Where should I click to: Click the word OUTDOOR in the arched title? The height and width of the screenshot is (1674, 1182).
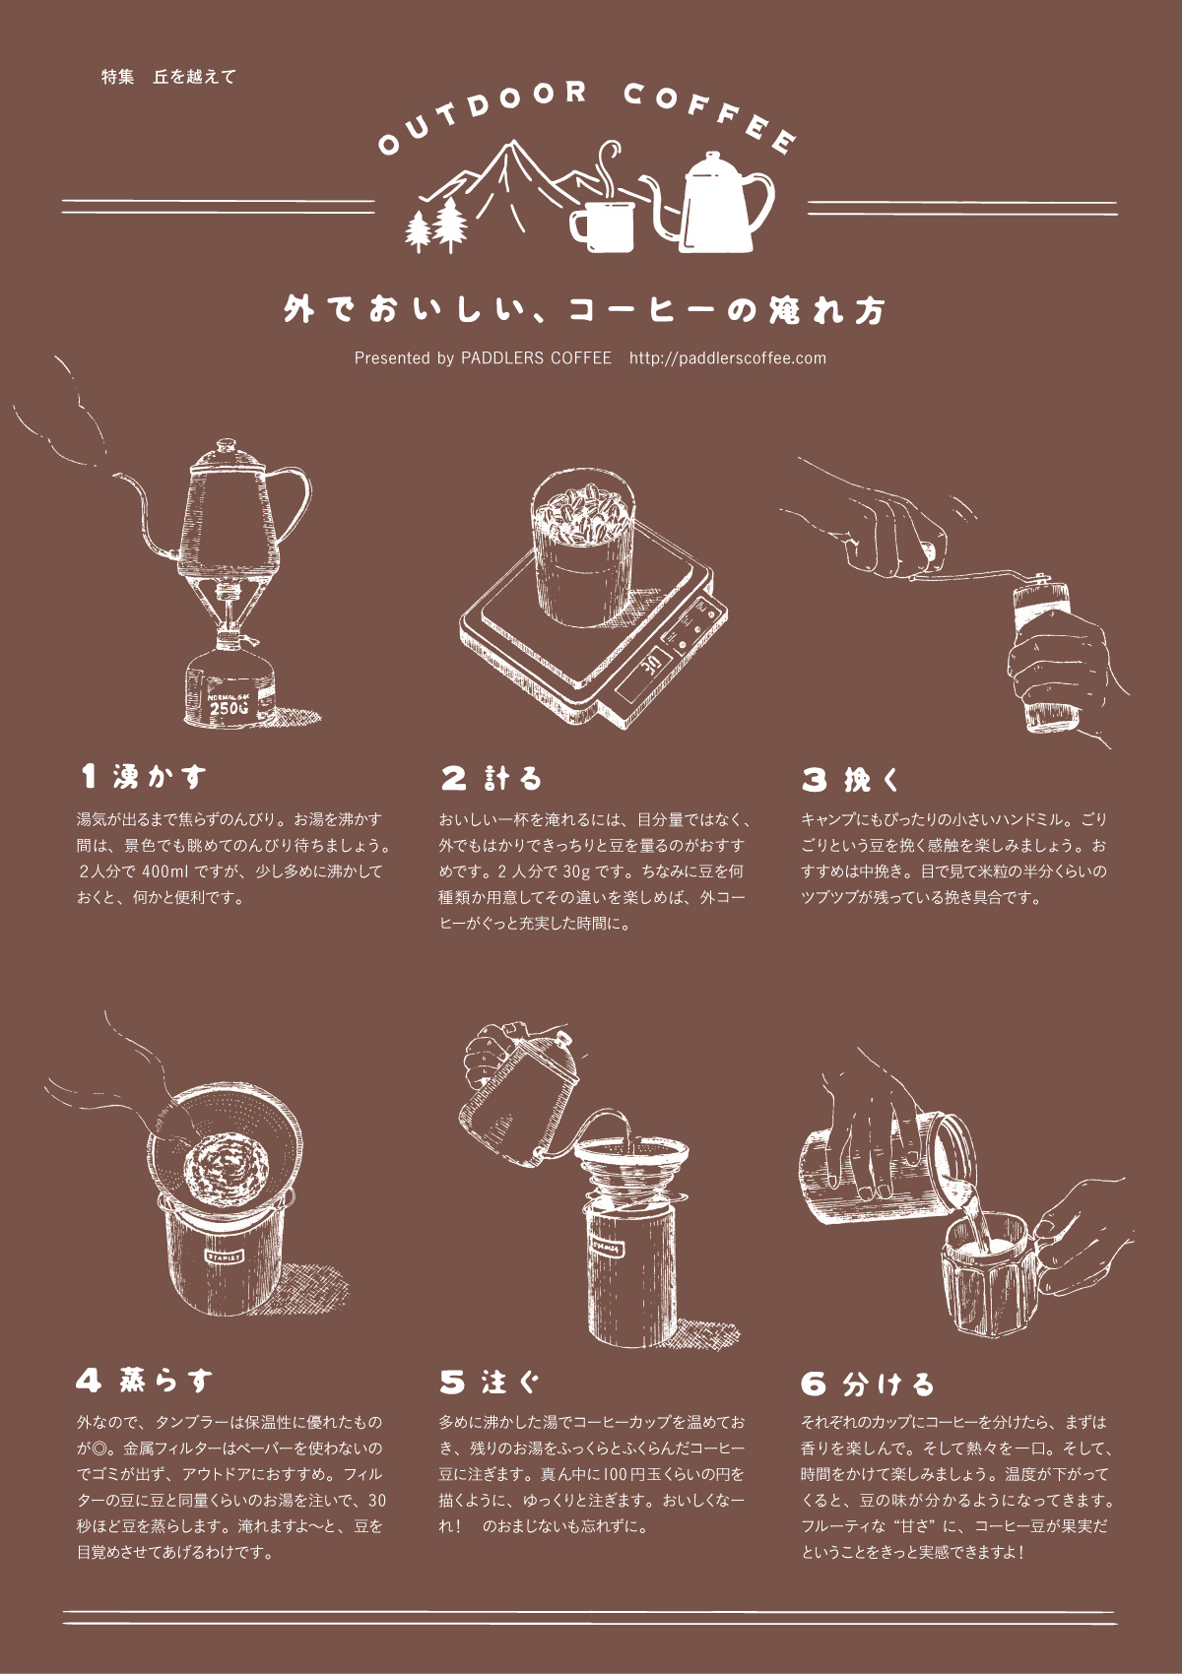[483, 112]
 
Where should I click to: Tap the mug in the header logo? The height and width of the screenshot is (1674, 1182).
[603, 225]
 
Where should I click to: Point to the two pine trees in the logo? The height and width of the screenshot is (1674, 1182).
[436, 225]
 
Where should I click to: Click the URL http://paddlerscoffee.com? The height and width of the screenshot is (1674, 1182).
[728, 358]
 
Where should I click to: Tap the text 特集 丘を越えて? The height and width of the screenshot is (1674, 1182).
[169, 76]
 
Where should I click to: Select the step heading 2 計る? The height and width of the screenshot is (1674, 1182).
[491, 778]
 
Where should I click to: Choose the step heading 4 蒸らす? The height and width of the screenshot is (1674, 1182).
[145, 1381]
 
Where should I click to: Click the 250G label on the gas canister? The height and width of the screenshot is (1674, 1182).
[228, 706]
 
